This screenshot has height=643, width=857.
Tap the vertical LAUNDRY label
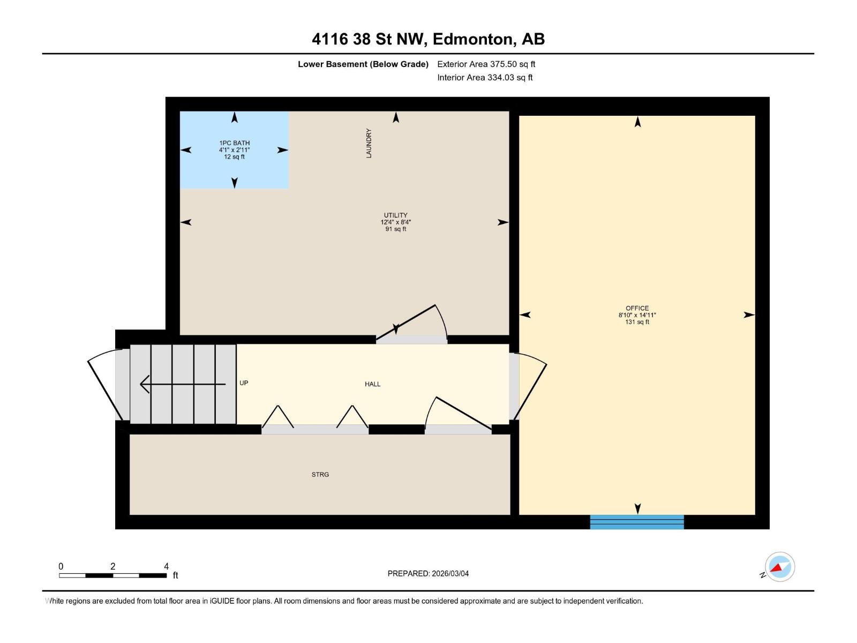(x=369, y=144)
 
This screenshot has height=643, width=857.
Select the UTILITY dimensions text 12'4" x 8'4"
(x=396, y=222)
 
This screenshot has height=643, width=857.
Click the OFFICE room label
(x=637, y=308)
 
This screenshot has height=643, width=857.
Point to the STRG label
(x=320, y=474)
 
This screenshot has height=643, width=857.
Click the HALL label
(x=373, y=384)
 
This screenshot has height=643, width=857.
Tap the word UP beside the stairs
(x=244, y=383)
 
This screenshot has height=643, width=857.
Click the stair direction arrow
(x=182, y=384)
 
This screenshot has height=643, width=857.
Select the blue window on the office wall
(x=637, y=522)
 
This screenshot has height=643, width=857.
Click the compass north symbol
(x=779, y=567)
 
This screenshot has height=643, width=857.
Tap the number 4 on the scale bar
(x=167, y=566)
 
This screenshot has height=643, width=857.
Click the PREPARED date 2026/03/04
(x=450, y=573)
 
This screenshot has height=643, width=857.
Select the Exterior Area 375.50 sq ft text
(x=486, y=64)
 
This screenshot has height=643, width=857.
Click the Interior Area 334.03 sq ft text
(x=485, y=77)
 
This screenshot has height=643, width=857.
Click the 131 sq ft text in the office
(x=637, y=322)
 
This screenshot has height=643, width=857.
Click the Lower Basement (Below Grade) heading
(x=363, y=64)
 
